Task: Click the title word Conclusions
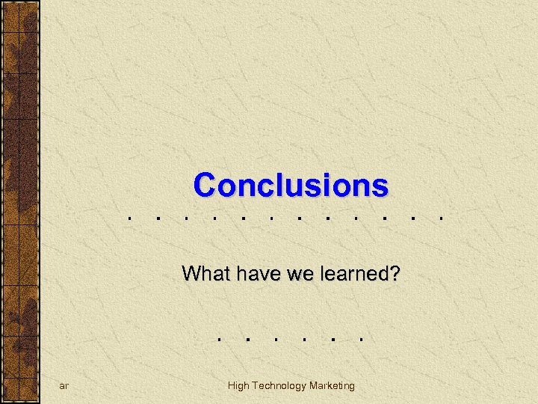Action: tap(291, 184)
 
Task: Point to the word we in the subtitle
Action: tap(285, 274)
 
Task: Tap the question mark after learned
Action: tap(394, 274)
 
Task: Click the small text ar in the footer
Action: tap(64, 386)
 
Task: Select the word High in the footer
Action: tap(238, 385)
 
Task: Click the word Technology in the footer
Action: tap(279, 385)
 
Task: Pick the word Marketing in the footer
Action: tap(332, 385)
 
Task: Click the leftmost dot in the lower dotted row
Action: tap(218, 337)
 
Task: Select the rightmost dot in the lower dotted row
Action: tap(361, 337)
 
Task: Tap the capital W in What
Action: tap(190, 274)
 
